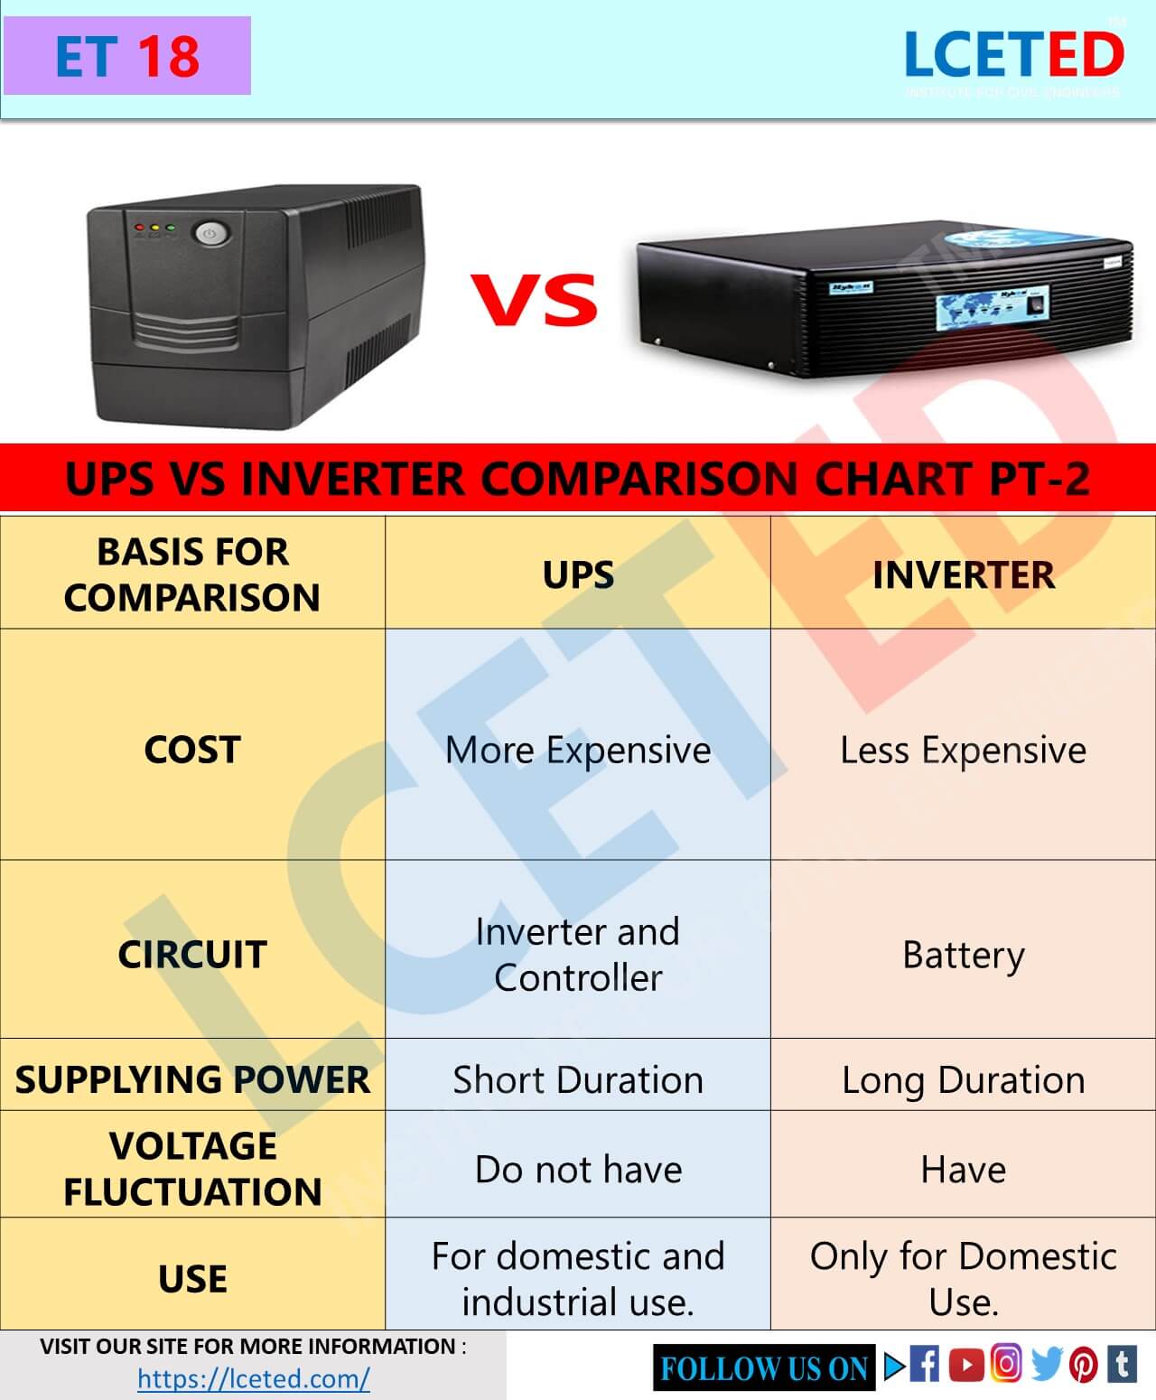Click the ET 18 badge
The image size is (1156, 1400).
coord(126,56)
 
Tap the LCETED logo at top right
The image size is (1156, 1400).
coord(1013,56)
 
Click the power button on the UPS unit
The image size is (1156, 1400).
coord(210,234)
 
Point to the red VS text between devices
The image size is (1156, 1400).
coord(535,300)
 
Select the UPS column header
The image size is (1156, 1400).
coord(578,574)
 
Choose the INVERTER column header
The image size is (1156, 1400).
coord(963,574)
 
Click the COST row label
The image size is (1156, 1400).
coord(192,750)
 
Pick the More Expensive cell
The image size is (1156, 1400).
coord(578,750)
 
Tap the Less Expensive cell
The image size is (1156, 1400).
coord(963,750)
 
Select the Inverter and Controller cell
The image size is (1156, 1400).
coord(578,954)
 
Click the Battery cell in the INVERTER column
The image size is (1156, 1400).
coord(963,955)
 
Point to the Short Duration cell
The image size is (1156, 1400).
coord(578,1079)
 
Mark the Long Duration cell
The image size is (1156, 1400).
coord(963,1079)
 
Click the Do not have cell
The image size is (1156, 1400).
coord(578,1169)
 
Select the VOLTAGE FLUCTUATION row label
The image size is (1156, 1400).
coord(192,1169)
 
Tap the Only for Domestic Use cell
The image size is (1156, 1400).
coord(963,1278)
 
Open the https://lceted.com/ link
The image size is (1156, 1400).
coord(254,1378)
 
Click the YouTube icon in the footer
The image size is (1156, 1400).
coord(966,1365)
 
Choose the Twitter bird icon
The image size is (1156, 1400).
coord(1046,1365)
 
